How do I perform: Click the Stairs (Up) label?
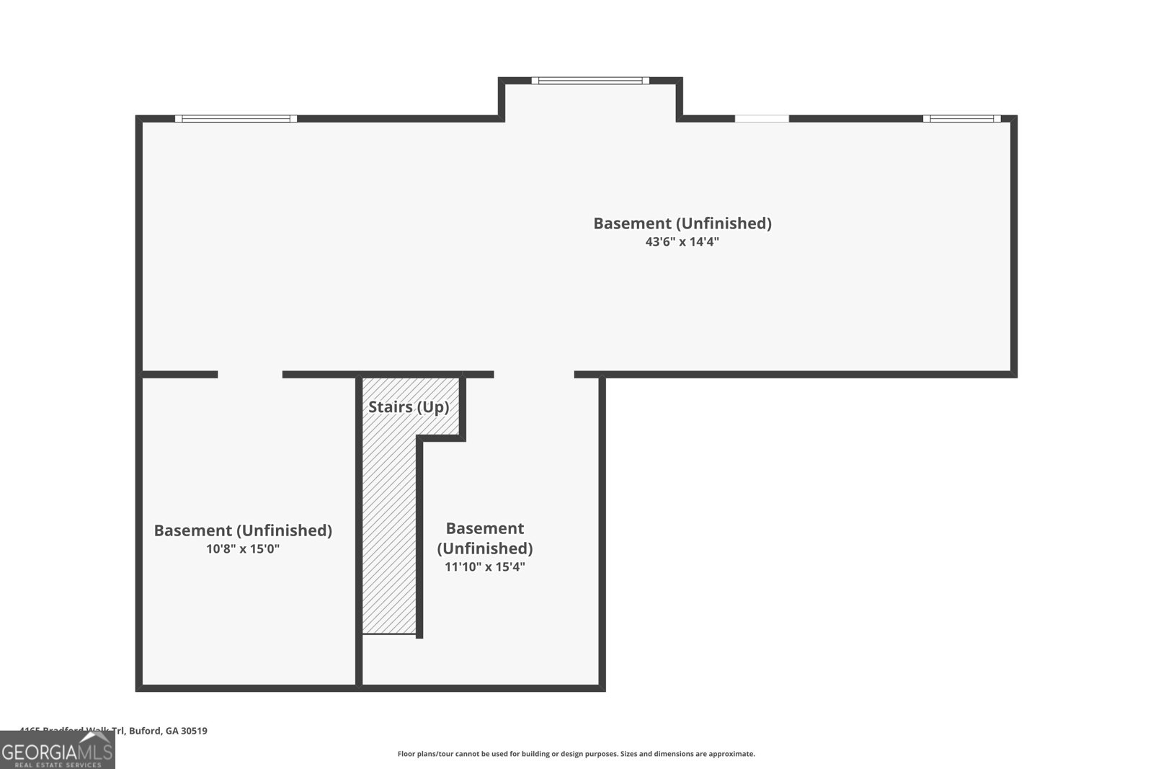coord(409,407)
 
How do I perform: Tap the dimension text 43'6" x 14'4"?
coord(682,242)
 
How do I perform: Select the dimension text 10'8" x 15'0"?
coord(243,549)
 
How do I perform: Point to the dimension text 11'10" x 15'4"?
coord(484,567)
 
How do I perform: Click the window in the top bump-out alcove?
coord(590,81)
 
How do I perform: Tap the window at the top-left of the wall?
coord(236,119)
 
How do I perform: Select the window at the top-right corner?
coord(961,119)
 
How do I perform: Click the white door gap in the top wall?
coord(762,119)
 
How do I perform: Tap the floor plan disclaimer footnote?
coord(576,754)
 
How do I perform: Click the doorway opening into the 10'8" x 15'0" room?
coord(250,375)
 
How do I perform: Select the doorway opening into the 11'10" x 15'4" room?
coord(534,375)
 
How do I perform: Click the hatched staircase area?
coord(389,533)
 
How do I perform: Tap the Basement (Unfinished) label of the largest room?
coord(682,223)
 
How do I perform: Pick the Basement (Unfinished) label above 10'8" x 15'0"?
coord(243,530)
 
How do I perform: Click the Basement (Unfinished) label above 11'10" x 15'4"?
coord(484,538)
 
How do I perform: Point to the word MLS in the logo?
coord(95,752)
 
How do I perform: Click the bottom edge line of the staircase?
coord(389,634)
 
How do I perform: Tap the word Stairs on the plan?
coord(390,407)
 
